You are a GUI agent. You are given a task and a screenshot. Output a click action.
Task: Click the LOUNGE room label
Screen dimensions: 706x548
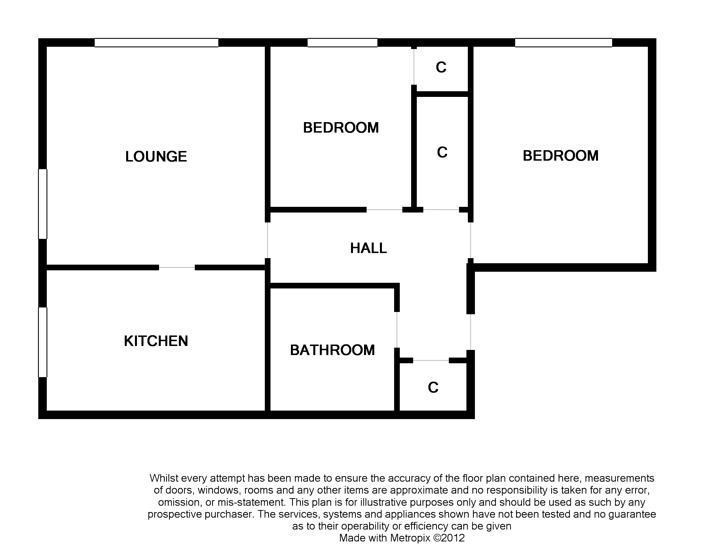click(x=156, y=157)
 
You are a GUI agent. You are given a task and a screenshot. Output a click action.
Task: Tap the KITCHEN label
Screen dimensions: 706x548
click(x=156, y=341)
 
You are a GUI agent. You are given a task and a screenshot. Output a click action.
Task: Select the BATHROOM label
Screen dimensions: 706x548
click(x=333, y=350)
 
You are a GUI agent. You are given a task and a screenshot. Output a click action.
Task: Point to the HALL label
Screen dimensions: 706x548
click(x=369, y=248)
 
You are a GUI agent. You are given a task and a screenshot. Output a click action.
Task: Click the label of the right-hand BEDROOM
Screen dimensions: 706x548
click(x=561, y=156)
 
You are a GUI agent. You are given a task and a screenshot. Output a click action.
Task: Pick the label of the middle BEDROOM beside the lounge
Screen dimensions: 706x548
click(x=341, y=128)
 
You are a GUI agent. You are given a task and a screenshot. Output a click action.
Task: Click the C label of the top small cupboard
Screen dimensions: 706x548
click(x=441, y=67)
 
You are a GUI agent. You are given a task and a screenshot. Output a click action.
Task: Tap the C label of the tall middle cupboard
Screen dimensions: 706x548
click(x=442, y=152)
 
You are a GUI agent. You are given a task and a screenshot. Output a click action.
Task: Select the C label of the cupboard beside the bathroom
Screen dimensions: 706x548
click(x=433, y=387)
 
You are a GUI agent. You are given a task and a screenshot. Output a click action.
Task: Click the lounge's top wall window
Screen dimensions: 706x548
click(x=157, y=43)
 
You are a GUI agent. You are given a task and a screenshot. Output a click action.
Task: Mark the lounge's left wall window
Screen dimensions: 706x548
click(x=43, y=204)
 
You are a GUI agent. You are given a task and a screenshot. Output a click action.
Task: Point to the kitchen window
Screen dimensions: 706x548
click(x=43, y=342)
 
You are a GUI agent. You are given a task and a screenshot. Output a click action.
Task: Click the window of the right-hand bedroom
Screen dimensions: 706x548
click(x=564, y=43)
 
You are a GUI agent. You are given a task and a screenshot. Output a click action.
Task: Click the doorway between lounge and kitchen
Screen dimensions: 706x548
click(x=177, y=267)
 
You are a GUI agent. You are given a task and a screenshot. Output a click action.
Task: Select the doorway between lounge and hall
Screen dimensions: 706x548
click(x=268, y=240)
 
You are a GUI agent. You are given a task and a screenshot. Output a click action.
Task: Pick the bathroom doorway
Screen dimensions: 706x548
click(x=397, y=330)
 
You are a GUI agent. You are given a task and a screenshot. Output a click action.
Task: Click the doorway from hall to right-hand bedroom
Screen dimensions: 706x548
click(x=471, y=240)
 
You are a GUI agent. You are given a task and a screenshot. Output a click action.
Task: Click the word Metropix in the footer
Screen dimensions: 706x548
click(x=411, y=538)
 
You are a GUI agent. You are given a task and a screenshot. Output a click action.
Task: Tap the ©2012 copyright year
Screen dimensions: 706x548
click(x=449, y=538)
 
